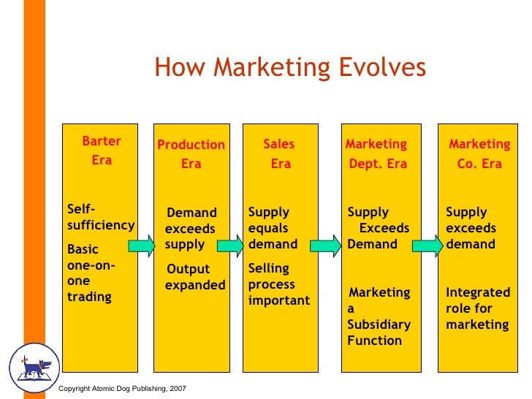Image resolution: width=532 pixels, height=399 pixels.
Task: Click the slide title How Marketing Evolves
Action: click(x=289, y=67)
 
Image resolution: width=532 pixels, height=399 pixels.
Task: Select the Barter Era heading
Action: click(x=102, y=151)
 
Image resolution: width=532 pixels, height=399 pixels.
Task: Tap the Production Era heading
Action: click(x=191, y=154)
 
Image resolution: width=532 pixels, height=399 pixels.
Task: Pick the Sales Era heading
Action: click(x=280, y=154)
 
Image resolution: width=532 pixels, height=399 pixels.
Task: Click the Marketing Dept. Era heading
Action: click(x=377, y=154)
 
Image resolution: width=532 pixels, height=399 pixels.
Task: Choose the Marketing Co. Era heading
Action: click(x=479, y=154)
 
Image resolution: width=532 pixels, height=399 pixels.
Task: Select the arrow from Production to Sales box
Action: click(x=232, y=245)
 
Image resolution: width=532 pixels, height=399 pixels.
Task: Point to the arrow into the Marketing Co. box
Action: click(x=428, y=245)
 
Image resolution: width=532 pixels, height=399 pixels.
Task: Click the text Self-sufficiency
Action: click(x=100, y=217)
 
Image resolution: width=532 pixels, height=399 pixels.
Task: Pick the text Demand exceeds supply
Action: click(x=191, y=228)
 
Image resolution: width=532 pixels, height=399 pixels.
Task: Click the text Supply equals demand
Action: click(x=273, y=228)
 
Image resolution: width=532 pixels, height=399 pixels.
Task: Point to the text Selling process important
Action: click(x=278, y=284)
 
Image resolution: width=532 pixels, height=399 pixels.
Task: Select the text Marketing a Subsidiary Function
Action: click(x=379, y=316)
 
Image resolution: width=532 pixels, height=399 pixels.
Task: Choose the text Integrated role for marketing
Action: click(x=478, y=308)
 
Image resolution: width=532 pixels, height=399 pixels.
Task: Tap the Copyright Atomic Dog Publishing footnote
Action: click(x=123, y=387)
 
